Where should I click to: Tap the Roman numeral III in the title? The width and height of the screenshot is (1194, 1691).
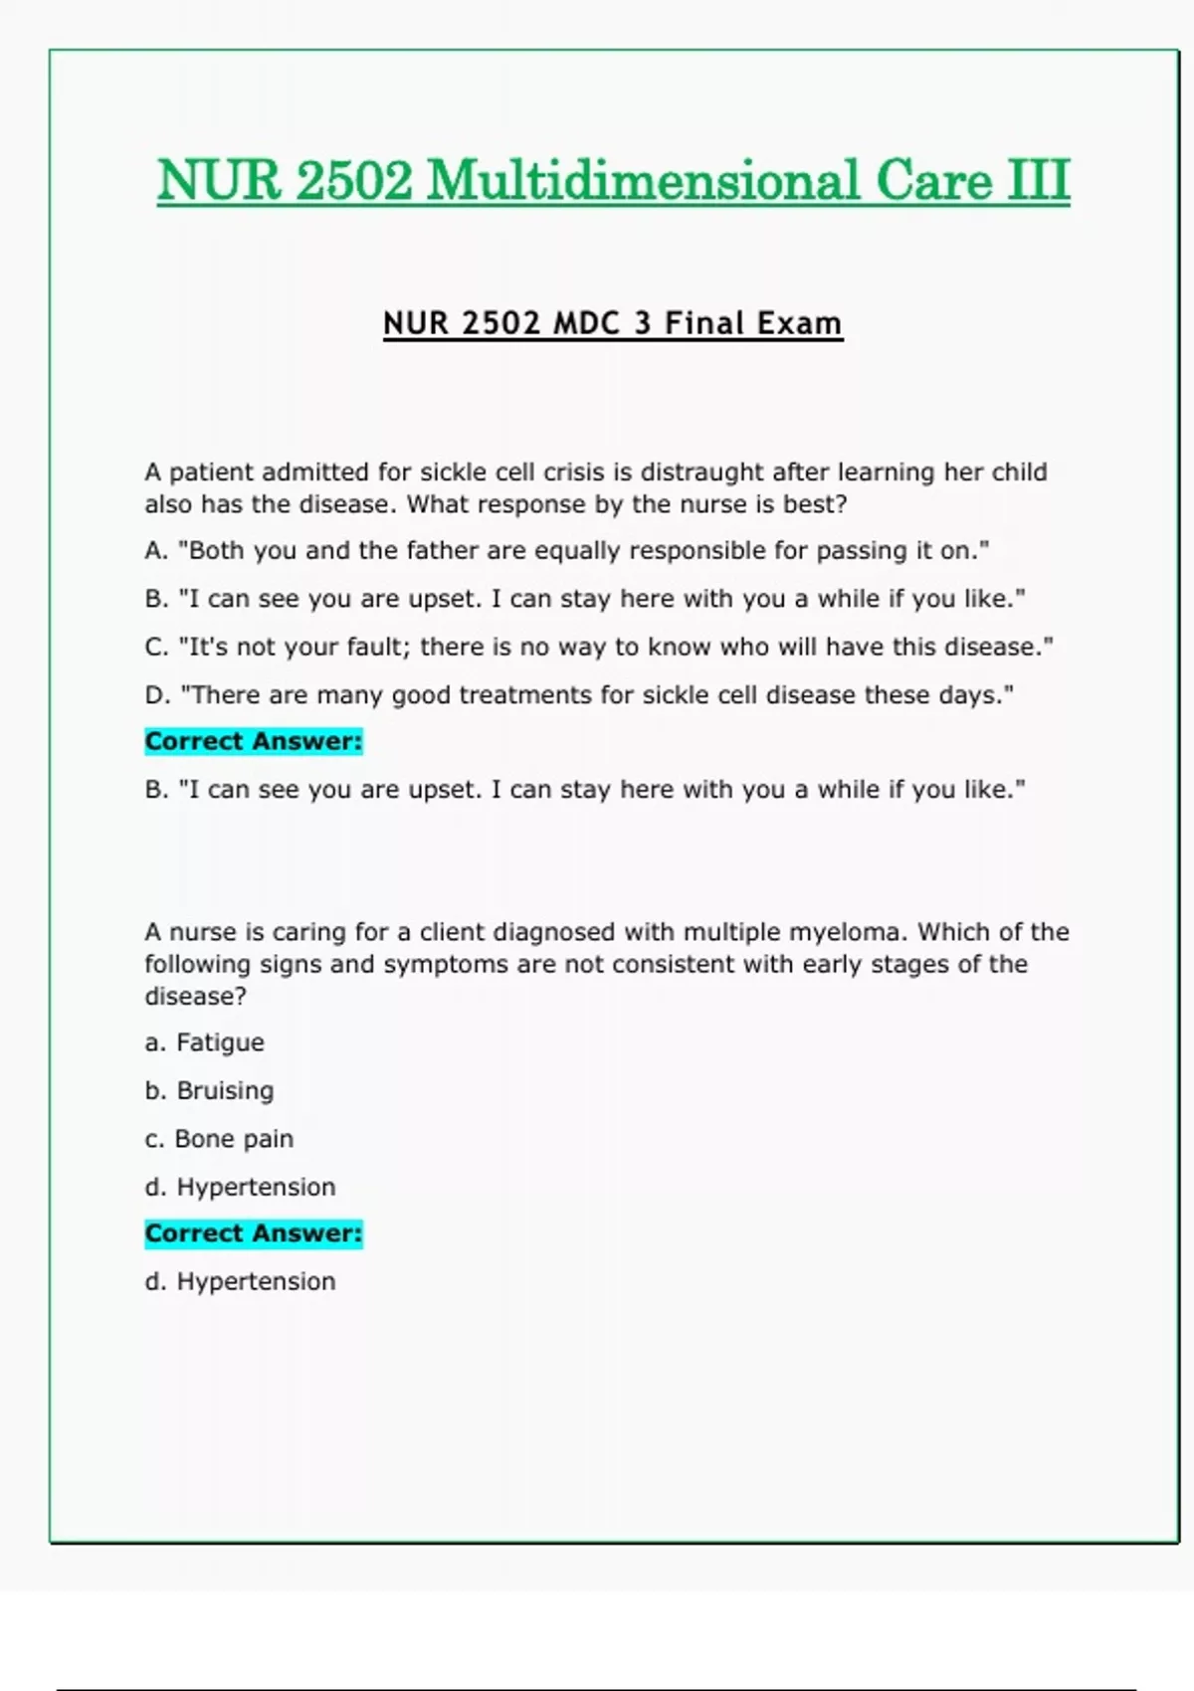pyautogui.click(x=1039, y=181)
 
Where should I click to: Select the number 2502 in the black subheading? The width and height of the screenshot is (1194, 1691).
pyautogui.click(x=501, y=323)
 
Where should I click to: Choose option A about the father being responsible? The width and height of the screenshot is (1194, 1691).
pyautogui.click(x=567, y=550)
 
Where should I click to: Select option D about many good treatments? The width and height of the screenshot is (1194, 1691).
pyautogui.click(x=579, y=694)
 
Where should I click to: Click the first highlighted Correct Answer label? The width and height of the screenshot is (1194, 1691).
pyautogui.click(x=254, y=741)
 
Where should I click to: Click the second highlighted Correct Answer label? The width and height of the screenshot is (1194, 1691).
pyautogui.click(x=254, y=1233)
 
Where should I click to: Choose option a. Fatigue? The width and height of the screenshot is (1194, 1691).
pyautogui.click(x=205, y=1042)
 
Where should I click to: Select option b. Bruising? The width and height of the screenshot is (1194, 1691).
pyautogui.click(x=209, y=1090)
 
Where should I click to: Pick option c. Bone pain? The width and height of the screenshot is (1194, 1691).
pyautogui.click(x=219, y=1138)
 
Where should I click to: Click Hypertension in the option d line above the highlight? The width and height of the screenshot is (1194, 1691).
pyautogui.click(x=256, y=1187)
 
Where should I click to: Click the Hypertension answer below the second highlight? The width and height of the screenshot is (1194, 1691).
pyautogui.click(x=256, y=1281)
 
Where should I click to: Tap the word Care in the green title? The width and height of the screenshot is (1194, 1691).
pyautogui.click(x=933, y=181)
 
